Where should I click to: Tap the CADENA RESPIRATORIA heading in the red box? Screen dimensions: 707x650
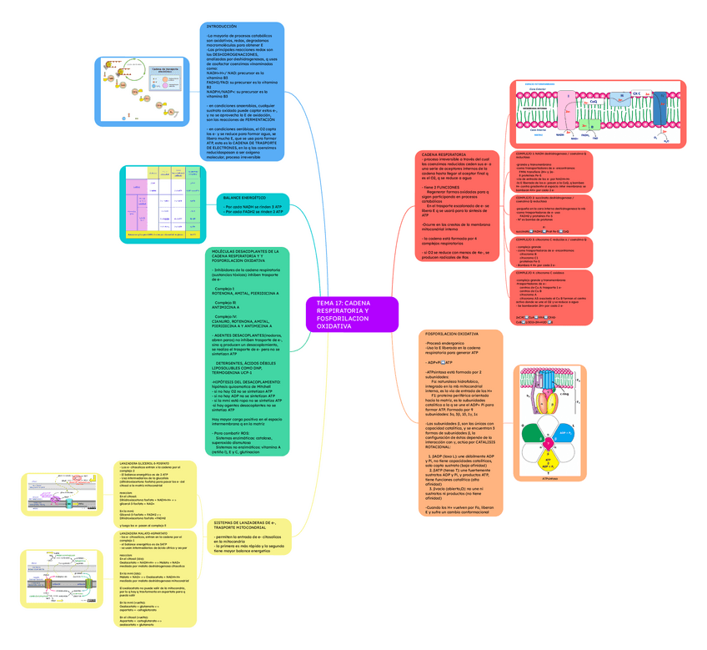click(444, 155)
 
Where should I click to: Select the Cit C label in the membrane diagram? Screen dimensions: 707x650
click(635, 93)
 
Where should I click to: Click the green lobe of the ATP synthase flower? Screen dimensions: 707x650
click(532, 435)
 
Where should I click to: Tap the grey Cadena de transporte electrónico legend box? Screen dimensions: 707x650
click(165, 73)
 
